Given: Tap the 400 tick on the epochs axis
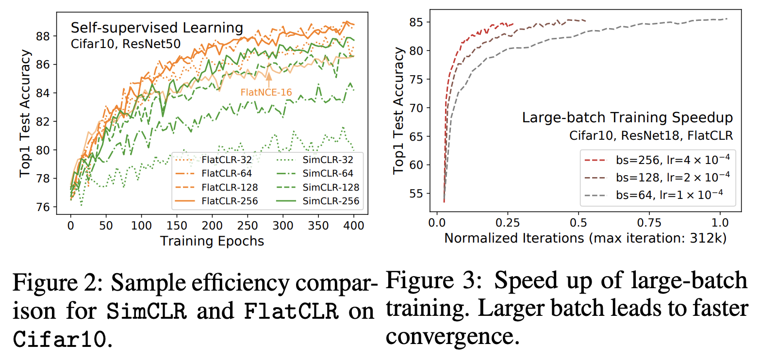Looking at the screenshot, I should [x=354, y=226].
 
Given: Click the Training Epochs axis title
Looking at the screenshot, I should [x=212, y=241].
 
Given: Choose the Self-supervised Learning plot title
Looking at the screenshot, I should [x=157, y=28].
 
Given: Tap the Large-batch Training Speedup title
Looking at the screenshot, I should [x=627, y=117].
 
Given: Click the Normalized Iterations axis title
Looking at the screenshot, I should [x=585, y=238].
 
